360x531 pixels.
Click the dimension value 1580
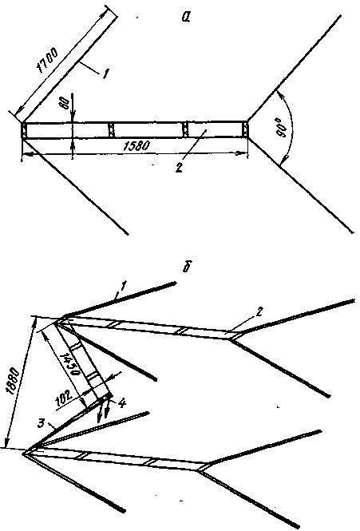tap(135, 145)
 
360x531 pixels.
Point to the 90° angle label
tap(283, 129)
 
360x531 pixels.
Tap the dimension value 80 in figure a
tap(66, 103)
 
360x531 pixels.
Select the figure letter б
tap(187, 267)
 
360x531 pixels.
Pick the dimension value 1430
tap(69, 363)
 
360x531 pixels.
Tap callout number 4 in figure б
tap(122, 402)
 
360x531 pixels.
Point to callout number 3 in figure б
tap(42, 423)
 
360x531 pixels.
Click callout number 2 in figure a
tap(179, 168)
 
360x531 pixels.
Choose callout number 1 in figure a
tap(105, 74)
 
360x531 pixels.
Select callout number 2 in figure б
tap(259, 311)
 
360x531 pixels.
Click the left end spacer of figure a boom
tap(24, 130)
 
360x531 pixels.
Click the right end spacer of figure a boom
tap(246, 129)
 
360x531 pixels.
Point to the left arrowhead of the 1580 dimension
tap(27, 154)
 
